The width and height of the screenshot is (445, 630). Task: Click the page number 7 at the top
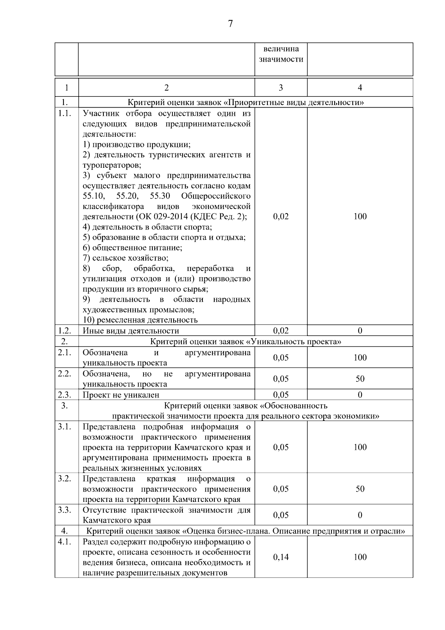click(x=230, y=24)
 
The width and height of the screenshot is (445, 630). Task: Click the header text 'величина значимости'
click(x=281, y=54)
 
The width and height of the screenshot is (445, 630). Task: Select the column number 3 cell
click(x=281, y=88)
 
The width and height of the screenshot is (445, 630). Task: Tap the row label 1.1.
click(x=65, y=114)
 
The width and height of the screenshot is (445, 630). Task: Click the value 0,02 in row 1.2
click(x=281, y=331)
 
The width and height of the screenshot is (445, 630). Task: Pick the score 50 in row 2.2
click(x=360, y=379)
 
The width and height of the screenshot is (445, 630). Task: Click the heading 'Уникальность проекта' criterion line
click(x=245, y=342)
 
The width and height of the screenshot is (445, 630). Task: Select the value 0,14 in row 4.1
click(x=281, y=557)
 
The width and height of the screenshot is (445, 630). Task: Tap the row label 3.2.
click(x=65, y=479)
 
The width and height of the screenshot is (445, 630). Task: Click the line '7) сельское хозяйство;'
click(x=125, y=258)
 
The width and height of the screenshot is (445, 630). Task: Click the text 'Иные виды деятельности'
click(x=131, y=331)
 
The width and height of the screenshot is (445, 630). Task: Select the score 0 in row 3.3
click(x=360, y=515)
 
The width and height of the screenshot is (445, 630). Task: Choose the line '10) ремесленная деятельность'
click(x=140, y=320)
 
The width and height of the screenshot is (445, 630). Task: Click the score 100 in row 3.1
click(x=360, y=447)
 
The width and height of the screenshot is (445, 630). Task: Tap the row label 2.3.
click(x=65, y=395)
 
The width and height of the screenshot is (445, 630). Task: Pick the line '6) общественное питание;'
click(x=132, y=248)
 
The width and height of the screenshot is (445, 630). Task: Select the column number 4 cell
click(x=360, y=88)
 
